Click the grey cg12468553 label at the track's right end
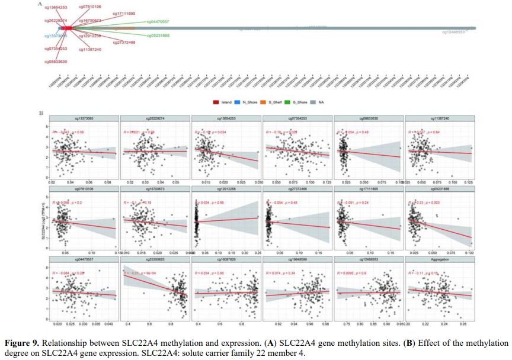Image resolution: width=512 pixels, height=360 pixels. [x=453, y=32]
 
